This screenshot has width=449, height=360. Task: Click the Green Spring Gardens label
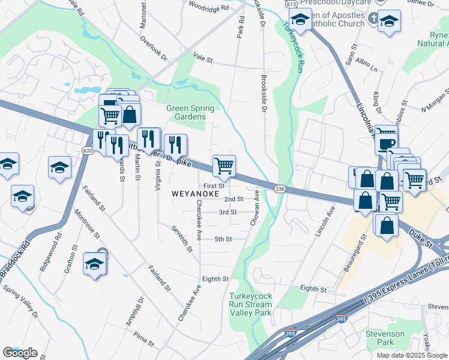[191, 112]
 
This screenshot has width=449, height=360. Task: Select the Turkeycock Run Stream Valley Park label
[250, 304]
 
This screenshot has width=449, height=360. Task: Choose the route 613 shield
[292, 4]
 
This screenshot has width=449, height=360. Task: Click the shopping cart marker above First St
[224, 166]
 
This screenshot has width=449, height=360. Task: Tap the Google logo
[20, 353]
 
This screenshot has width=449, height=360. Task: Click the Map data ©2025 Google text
[412, 355]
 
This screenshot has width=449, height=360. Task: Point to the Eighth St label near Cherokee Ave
[215, 279]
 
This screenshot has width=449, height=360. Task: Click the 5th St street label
[223, 239]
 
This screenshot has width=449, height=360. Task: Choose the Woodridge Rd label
[209, 8]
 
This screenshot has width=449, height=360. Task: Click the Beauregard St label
[348, 255]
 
